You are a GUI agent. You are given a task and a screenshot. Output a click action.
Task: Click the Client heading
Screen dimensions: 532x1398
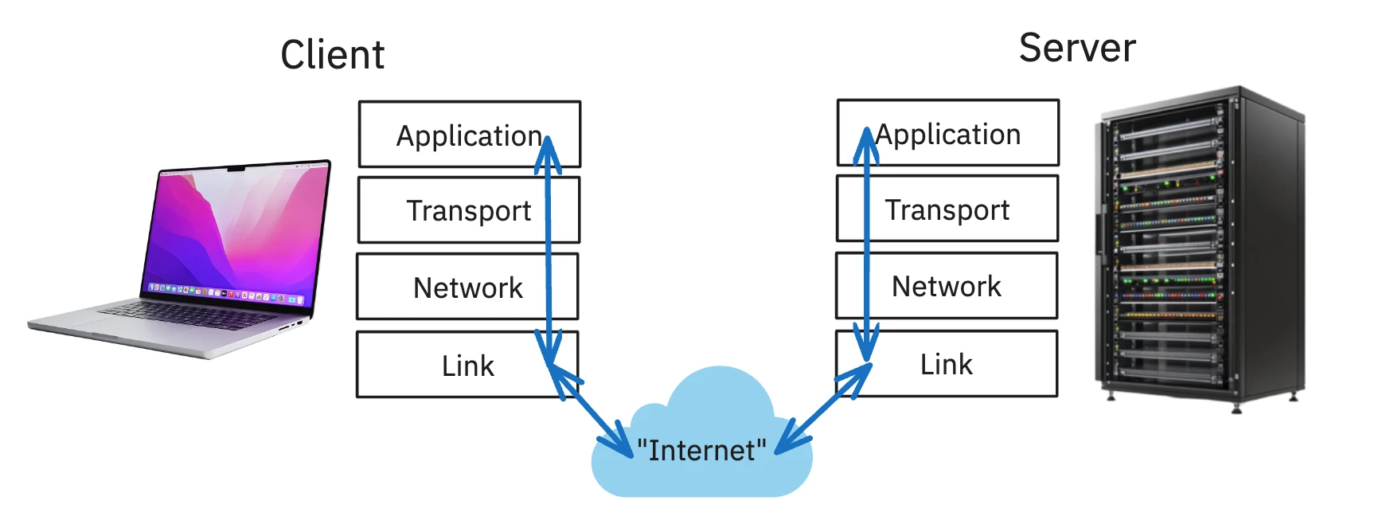pyautogui.click(x=332, y=55)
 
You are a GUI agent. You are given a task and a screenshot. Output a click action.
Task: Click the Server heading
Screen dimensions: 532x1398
pyautogui.click(x=1077, y=48)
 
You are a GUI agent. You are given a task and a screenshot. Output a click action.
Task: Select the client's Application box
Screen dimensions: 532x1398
pyautogui.click(x=468, y=135)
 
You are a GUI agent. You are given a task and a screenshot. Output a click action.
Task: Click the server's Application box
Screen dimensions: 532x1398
pyautogui.click(x=947, y=133)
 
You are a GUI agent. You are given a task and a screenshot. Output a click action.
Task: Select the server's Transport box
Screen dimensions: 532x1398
pyautogui.click(x=947, y=209)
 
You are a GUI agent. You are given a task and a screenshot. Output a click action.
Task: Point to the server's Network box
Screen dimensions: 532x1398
pyautogui.click(x=946, y=286)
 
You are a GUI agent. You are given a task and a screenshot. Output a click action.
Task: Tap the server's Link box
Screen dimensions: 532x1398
pyautogui.click(x=946, y=364)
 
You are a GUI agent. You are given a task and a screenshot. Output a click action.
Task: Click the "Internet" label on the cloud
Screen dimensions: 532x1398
pyautogui.click(x=701, y=451)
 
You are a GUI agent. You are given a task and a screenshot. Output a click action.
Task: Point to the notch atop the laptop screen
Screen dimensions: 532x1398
pyautogui.click(x=236, y=169)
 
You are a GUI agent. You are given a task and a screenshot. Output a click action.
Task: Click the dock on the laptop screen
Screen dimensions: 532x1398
pyautogui.click(x=227, y=294)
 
